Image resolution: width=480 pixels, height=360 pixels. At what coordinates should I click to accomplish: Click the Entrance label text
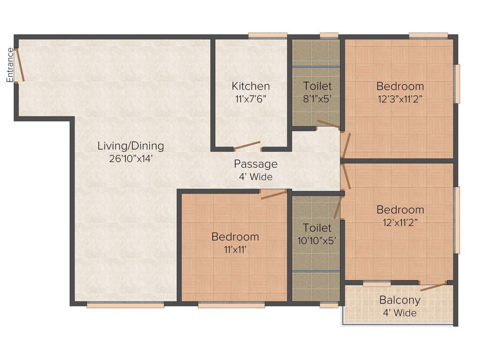[10, 65]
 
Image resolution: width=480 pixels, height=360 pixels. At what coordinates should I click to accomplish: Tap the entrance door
[21, 65]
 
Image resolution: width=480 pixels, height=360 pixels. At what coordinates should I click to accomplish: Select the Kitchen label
[251, 86]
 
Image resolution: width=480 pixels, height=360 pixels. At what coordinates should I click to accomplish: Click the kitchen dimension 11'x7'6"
[251, 99]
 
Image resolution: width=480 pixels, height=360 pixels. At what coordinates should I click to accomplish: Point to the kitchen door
[247, 145]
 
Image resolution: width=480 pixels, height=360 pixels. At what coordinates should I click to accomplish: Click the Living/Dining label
[131, 146]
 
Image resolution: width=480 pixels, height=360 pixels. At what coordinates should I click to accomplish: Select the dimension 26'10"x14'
[131, 158]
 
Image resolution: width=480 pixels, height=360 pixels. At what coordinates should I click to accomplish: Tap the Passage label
[255, 164]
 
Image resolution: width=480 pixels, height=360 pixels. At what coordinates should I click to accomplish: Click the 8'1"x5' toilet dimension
[317, 99]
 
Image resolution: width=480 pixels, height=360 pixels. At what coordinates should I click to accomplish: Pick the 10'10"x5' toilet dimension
[317, 240]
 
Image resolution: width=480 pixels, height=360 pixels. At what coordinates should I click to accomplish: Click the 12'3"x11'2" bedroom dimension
[400, 99]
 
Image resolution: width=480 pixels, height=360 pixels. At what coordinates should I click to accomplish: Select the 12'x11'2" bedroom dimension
[400, 222]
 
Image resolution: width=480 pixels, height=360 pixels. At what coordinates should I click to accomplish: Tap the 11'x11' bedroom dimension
[235, 249]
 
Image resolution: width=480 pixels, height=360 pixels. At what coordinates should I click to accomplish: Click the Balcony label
[400, 300]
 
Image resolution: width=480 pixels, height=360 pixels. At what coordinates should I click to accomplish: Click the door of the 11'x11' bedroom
[274, 194]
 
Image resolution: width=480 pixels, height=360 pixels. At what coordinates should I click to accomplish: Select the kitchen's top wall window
[268, 35]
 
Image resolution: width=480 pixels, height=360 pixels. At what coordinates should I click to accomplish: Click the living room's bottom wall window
[126, 305]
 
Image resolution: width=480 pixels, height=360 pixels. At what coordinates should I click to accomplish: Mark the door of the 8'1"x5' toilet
[328, 124]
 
